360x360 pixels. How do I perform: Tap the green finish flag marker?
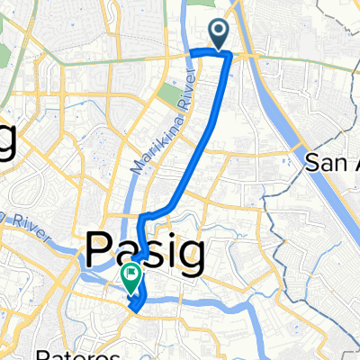point(130,281)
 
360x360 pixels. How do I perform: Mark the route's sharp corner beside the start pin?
point(229,56)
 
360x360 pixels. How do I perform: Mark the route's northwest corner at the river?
point(191,54)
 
